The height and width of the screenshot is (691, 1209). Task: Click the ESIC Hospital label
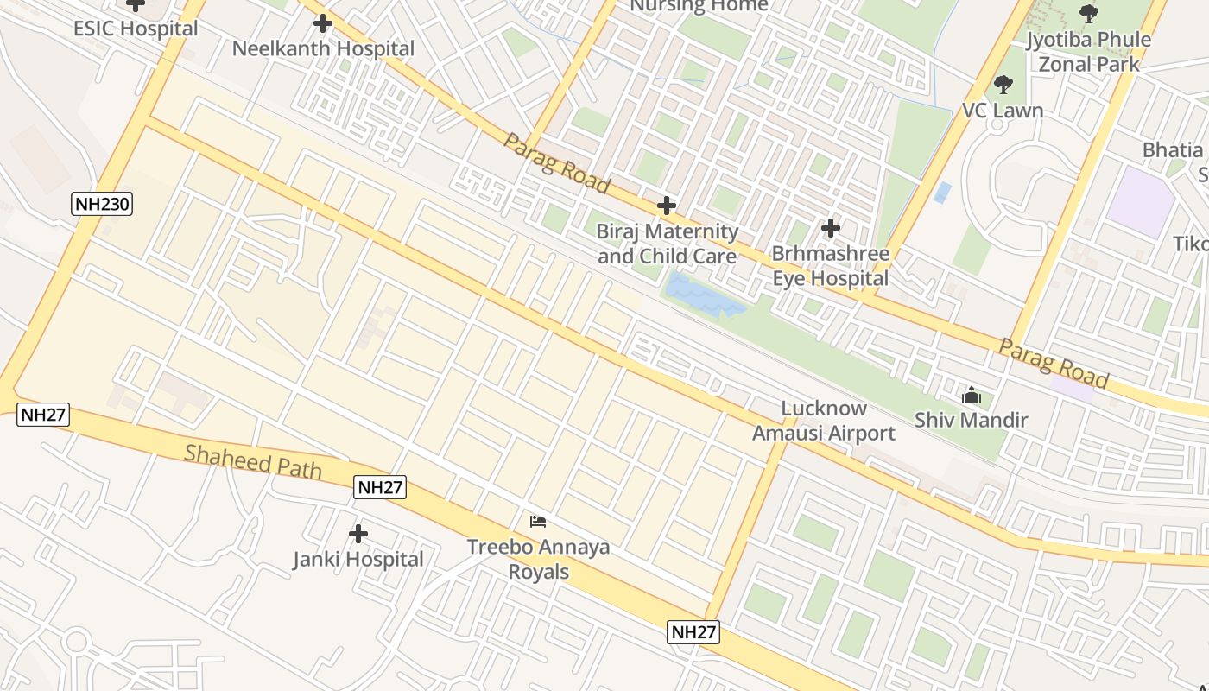pyautogui.click(x=136, y=28)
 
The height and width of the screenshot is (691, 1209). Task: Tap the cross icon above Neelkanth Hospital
pyautogui.click(x=323, y=23)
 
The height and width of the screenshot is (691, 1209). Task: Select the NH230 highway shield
pyautogui.click(x=102, y=204)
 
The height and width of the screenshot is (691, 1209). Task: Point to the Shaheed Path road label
pyautogui.click(x=253, y=462)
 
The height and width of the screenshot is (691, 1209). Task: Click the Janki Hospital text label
pyautogui.click(x=358, y=559)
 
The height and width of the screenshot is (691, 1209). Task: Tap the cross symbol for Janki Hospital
pyautogui.click(x=358, y=534)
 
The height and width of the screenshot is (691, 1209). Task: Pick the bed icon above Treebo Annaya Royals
pyautogui.click(x=538, y=521)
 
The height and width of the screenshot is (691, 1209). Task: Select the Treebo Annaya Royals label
pyautogui.click(x=538, y=559)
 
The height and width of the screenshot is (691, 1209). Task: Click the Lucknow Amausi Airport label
pyautogui.click(x=824, y=421)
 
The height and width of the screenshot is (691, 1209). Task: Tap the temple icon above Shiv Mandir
pyautogui.click(x=972, y=396)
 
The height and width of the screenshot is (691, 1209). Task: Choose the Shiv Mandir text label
pyautogui.click(x=972, y=421)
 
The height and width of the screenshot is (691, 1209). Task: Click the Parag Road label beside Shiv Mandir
pyautogui.click(x=1054, y=363)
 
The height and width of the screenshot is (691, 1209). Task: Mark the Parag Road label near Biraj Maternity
pyautogui.click(x=557, y=162)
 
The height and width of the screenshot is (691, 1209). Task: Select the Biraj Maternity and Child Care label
pyautogui.click(x=668, y=244)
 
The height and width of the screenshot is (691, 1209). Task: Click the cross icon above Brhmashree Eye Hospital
pyautogui.click(x=831, y=228)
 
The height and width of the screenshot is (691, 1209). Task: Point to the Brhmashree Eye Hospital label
pyautogui.click(x=831, y=266)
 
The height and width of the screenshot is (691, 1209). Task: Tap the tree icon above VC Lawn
pyautogui.click(x=1003, y=85)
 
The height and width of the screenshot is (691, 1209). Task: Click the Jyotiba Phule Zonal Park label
pyautogui.click(x=1088, y=51)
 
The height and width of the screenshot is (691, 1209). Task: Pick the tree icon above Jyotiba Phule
pyautogui.click(x=1089, y=14)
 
